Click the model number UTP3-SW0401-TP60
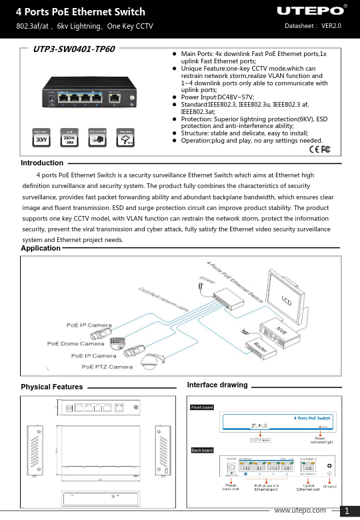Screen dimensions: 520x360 pyautogui.click(x=74, y=49)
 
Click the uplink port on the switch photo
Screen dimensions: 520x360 pyautogui.click(x=116, y=97)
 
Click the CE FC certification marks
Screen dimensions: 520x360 pyautogui.click(x=320, y=148)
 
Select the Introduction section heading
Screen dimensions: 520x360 pyautogui.click(x=42, y=163)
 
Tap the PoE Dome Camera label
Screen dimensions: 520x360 pyautogui.click(x=75, y=344)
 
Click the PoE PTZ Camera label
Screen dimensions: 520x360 pyautogui.click(x=105, y=366)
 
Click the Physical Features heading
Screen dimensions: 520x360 pyautogui.click(x=52, y=387)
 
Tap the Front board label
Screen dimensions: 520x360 pyautogui.click(x=202, y=407)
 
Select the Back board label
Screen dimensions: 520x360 pyautogui.click(x=202, y=451)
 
